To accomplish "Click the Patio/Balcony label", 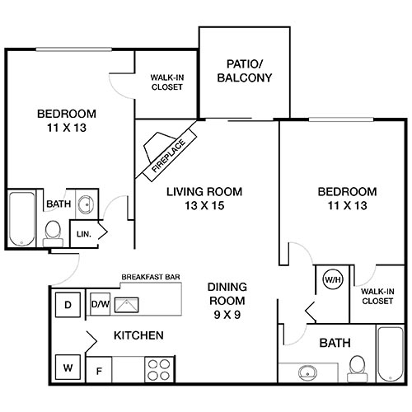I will [x=243, y=71].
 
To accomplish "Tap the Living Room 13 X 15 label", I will [x=204, y=199].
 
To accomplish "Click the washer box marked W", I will [x=67, y=365].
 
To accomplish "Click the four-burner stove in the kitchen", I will [x=157, y=368].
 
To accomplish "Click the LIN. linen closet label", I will [x=83, y=234].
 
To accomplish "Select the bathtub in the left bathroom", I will [x=20, y=218].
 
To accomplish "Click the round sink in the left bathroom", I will [x=86, y=204].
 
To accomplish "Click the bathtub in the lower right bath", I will [x=387, y=354].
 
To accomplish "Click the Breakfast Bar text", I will [x=151, y=278].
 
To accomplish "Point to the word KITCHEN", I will [x=138, y=336].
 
